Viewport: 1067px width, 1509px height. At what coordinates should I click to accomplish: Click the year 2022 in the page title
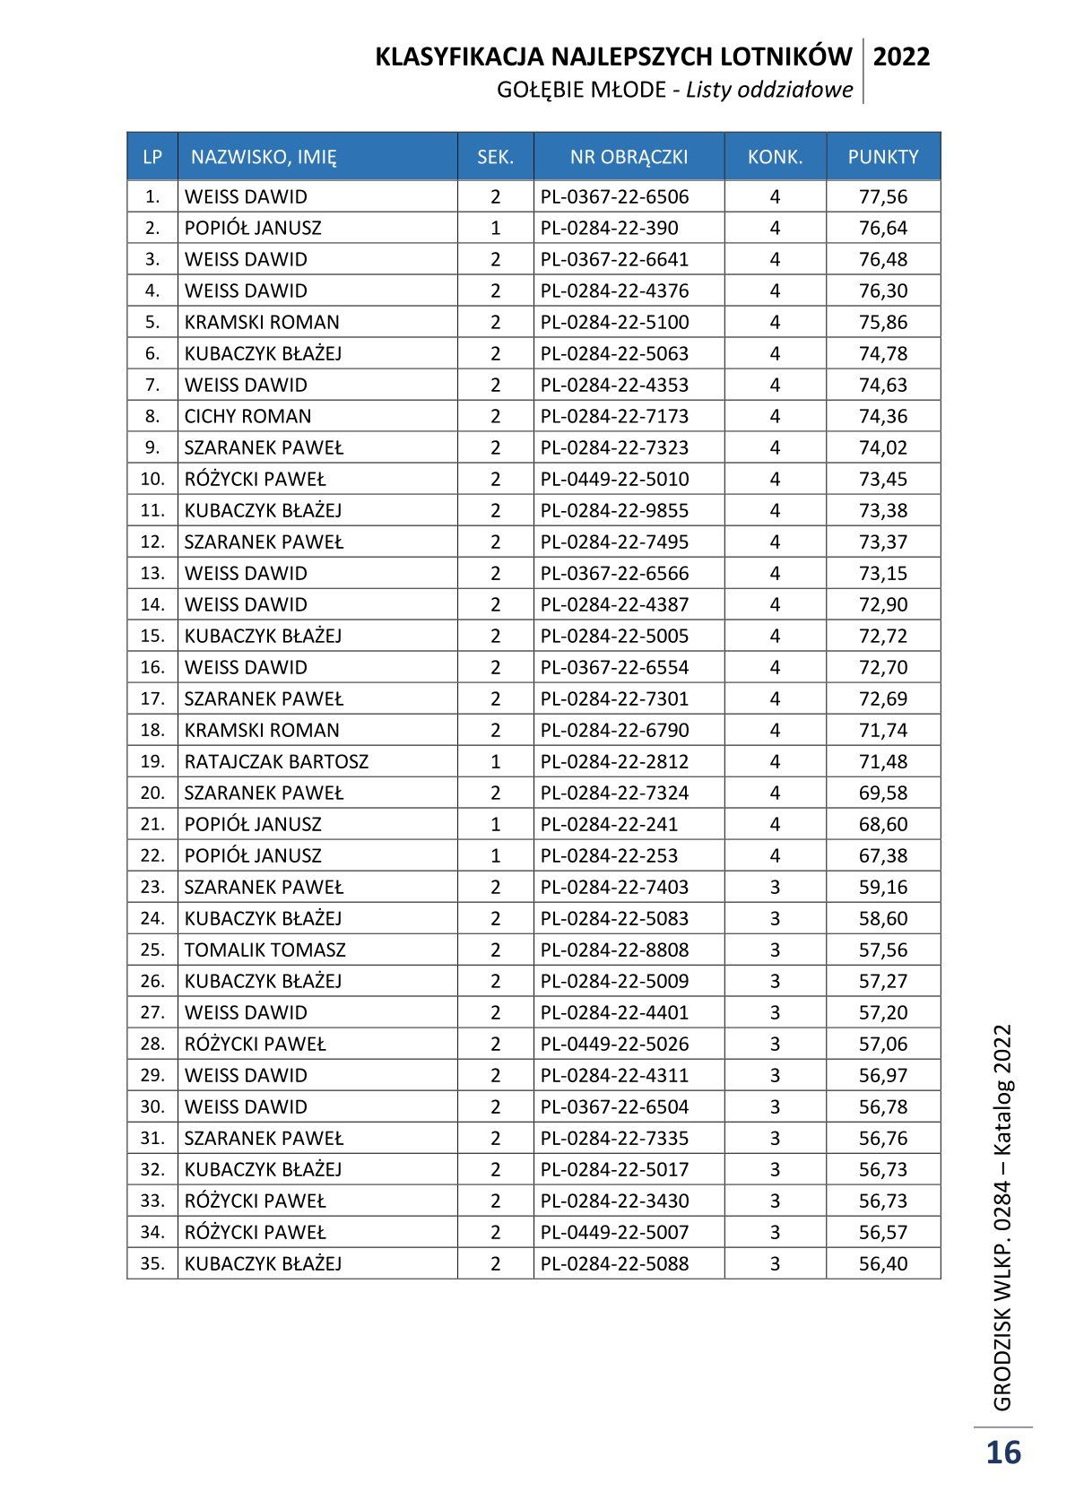tap(901, 57)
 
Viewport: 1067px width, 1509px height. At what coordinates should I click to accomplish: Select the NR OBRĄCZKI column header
tap(629, 157)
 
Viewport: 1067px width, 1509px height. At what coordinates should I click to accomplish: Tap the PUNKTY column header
tap(883, 157)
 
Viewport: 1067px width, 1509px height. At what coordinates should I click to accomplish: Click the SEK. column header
tap(495, 157)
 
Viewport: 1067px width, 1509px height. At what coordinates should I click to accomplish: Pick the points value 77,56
tap(883, 196)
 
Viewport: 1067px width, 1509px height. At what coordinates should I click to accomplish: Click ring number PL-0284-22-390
tap(609, 228)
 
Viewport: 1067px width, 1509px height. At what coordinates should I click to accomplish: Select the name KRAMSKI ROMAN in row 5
tap(262, 322)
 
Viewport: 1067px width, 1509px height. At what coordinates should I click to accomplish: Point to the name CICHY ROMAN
tap(247, 416)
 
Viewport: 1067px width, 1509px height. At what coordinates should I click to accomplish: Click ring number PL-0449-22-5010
tap(614, 479)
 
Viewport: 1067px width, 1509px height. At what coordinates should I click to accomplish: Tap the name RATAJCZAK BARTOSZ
tap(276, 761)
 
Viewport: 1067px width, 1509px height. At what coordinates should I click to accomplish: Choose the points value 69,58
tap(883, 793)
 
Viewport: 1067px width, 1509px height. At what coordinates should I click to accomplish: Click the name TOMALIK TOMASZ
tap(265, 950)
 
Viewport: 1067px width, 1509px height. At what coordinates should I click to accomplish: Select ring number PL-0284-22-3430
tap(614, 1201)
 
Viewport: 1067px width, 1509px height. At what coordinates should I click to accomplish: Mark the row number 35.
tap(152, 1263)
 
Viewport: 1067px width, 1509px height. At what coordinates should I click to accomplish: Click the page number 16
tap(1003, 1452)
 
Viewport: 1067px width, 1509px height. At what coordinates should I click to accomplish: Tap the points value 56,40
tap(883, 1263)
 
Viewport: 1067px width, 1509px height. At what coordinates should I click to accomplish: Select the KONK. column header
tap(775, 157)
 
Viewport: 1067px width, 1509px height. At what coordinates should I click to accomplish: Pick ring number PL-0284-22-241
tap(609, 824)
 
